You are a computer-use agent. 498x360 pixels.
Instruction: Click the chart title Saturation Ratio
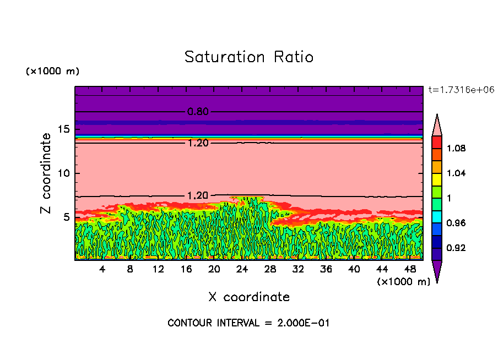(x=248, y=57)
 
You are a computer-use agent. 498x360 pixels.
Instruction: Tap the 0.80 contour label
(x=198, y=112)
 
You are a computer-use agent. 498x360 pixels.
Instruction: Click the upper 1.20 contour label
(x=198, y=143)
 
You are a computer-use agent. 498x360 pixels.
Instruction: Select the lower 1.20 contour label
(x=198, y=195)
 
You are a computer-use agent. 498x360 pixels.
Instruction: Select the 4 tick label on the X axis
(x=102, y=269)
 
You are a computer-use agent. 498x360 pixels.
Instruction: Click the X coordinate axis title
(x=249, y=297)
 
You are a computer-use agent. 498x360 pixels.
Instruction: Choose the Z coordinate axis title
(x=46, y=173)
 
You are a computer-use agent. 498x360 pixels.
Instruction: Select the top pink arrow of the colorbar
(x=436, y=124)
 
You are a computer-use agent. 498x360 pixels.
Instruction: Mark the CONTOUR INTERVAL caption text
(x=248, y=323)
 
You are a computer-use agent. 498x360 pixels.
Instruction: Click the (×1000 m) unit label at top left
(x=53, y=72)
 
